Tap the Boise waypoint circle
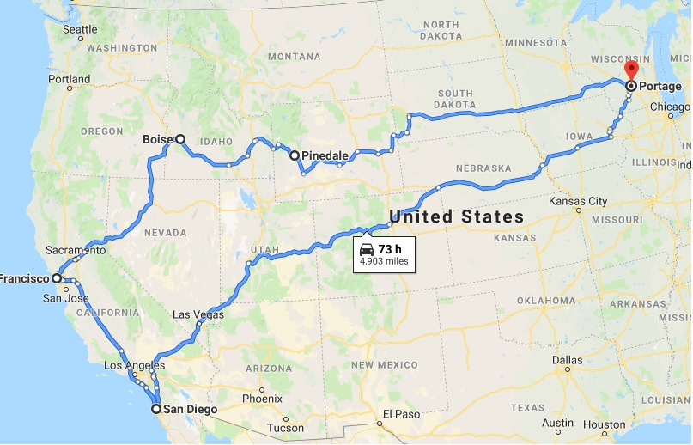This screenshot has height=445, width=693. coord(180,138)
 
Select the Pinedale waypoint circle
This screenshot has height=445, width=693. coord(295,155)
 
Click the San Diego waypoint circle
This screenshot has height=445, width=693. coord(156,409)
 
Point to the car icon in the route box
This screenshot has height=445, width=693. coord(367,249)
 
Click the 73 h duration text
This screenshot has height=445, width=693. coord(391,249)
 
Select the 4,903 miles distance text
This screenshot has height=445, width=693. coord(384,261)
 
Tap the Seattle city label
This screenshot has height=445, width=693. coord(81,29)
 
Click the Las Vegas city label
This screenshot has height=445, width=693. coord(198,315)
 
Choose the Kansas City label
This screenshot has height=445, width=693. coord(581,201)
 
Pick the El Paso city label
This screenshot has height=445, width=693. coord(401,413)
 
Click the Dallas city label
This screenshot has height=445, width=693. coord(568,360)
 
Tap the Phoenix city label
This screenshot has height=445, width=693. coord(262,398)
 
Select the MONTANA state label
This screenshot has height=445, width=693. coord(294,57)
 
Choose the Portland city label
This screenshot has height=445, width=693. coord(69,79)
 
